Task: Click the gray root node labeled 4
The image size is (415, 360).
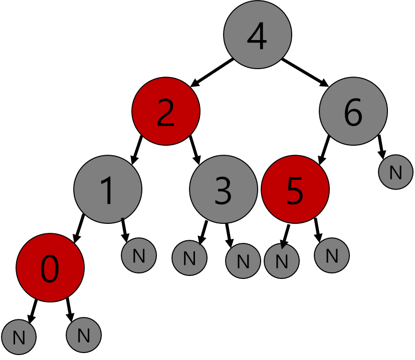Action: (x=258, y=35)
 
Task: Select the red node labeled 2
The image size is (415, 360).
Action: (x=166, y=111)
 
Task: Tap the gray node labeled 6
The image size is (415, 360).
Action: (x=353, y=111)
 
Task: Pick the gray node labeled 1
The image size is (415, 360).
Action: (x=108, y=189)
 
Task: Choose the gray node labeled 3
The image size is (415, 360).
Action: (x=224, y=189)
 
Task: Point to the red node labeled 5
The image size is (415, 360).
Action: (x=295, y=189)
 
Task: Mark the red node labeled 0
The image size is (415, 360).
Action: (x=50, y=268)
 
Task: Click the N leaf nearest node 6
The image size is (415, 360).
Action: (x=396, y=172)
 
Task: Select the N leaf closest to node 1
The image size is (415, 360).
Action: (x=139, y=255)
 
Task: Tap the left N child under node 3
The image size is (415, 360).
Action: (x=189, y=258)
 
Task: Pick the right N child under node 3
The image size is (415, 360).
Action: (x=243, y=261)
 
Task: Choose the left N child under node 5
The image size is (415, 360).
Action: (x=282, y=261)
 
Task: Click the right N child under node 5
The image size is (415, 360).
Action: (x=332, y=255)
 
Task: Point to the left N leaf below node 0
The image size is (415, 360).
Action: (x=19, y=337)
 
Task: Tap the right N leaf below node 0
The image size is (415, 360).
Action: (x=84, y=335)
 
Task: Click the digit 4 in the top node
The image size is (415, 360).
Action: (x=257, y=37)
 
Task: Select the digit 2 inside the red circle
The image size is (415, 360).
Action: (x=166, y=113)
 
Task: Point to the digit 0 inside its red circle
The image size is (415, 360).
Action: (x=50, y=269)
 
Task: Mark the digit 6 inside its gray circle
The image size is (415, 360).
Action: (x=353, y=113)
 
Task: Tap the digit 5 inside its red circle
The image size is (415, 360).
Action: (x=295, y=191)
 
